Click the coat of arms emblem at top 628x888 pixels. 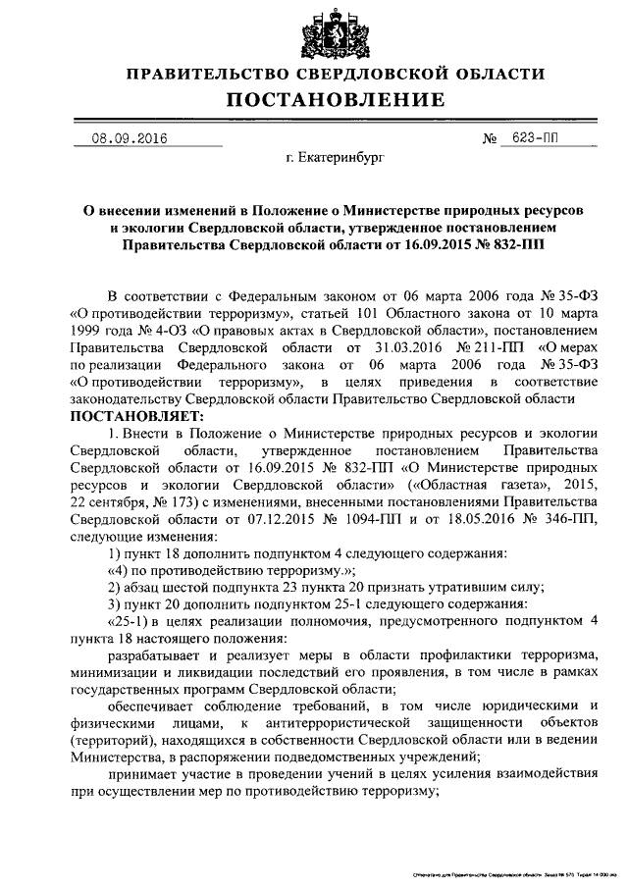[337, 33]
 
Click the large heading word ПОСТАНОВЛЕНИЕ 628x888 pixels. [337, 100]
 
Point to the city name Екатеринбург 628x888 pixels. [337, 157]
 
